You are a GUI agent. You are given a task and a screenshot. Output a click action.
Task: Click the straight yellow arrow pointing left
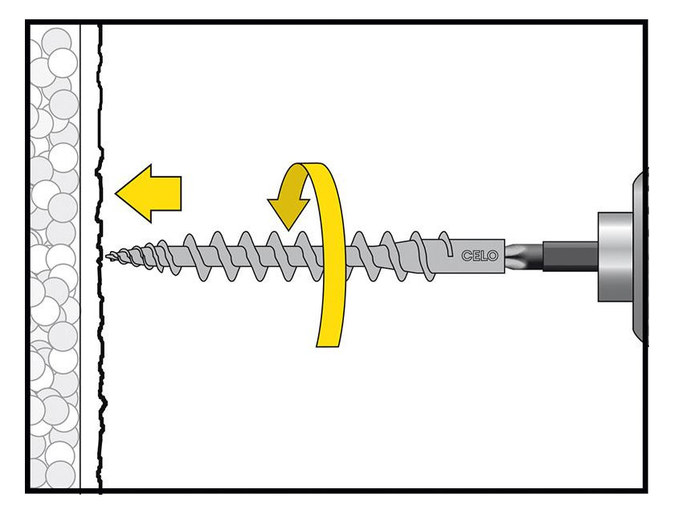[x=149, y=194]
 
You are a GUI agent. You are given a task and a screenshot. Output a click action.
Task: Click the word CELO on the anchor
[x=480, y=256]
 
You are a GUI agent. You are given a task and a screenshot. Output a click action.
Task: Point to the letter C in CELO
[x=467, y=256]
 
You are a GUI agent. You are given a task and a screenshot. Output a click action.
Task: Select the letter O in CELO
[x=492, y=256]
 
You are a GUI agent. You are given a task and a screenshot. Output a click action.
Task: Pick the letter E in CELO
[x=476, y=256]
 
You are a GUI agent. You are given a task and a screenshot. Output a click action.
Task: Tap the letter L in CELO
[x=483, y=256]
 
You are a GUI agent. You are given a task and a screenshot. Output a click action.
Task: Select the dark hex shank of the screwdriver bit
[x=570, y=256]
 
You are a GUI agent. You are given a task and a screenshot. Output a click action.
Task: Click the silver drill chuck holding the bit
[x=615, y=257]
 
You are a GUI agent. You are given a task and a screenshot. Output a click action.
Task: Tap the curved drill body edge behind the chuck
[x=639, y=257]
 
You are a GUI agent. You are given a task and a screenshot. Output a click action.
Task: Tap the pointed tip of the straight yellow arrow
[x=116, y=193]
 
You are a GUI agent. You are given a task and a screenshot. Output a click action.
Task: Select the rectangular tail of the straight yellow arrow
[x=166, y=193]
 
